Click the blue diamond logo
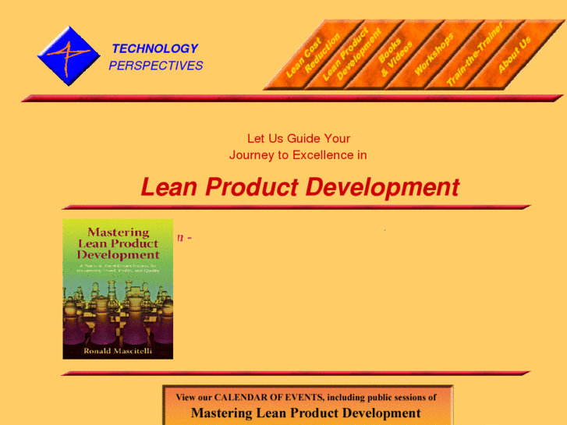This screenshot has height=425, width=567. tap(69, 55)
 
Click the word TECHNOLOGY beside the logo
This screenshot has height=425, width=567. tap(154, 48)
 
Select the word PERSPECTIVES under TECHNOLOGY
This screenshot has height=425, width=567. tap(155, 66)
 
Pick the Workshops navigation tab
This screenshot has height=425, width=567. tap(434, 55)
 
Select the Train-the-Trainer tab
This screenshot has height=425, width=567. tap(474, 55)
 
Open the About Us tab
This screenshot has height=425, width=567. tap(514, 55)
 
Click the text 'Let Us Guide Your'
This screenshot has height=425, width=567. tap(299, 139)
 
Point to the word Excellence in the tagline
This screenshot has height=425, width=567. tap(323, 155)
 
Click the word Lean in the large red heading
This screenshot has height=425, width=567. tap(166, 188)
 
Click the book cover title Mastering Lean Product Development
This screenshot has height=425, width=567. tap(118, 243)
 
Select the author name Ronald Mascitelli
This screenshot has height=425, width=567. tap(118, 351)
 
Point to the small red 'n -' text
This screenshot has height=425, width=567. tap(185, 237)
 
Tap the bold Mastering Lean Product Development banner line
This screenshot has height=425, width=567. tap(306, 413)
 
